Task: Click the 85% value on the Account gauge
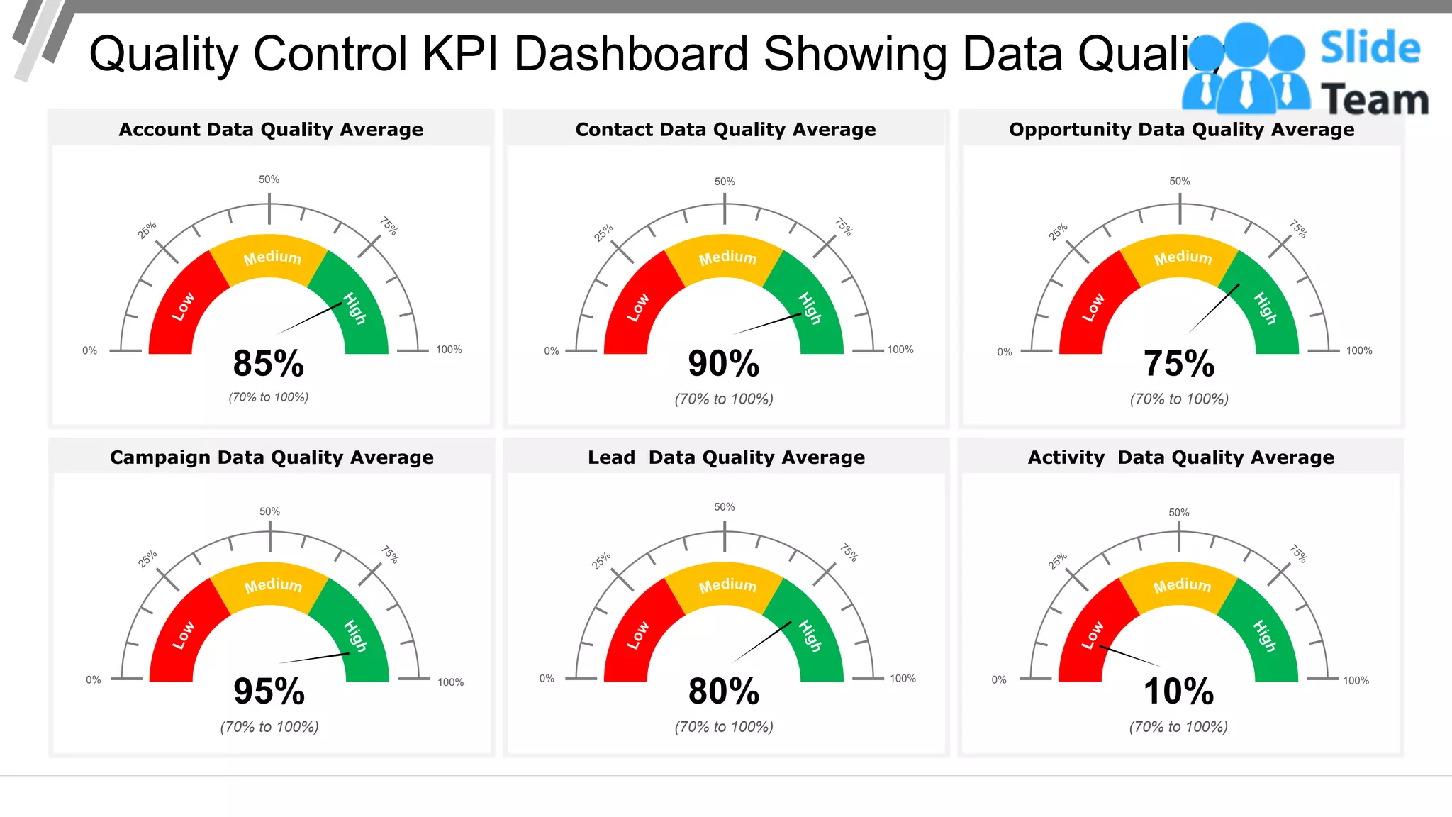(269, 364)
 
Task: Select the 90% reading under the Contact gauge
(724, 364)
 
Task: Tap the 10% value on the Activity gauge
(1178, 691)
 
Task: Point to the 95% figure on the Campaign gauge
(269, 691)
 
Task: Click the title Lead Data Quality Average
(726, 457)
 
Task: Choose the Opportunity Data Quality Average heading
(1181, 130)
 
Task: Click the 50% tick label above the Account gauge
(269, 179)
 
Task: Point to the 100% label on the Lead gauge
(903, 679)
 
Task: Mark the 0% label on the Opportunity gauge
(1005, 352)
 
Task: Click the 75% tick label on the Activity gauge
(1297, 553)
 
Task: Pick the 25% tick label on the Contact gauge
(603, 233)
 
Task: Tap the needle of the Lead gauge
(761, 643)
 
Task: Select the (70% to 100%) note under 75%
(1179, 399)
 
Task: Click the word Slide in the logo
(1370, 48)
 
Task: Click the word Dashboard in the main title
(631, 54)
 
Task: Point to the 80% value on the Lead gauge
(724, 691)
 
